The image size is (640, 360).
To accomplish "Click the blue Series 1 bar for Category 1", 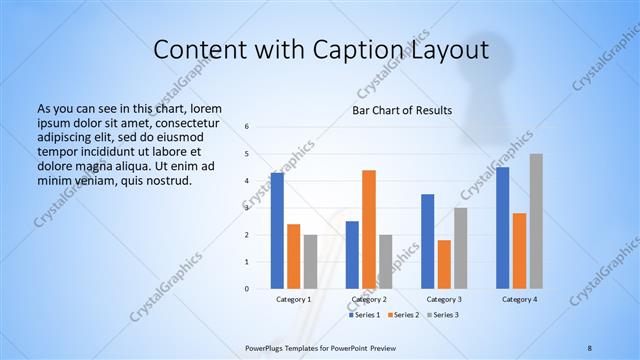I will click(x=277, y=231).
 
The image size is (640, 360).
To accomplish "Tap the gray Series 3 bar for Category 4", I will click(x=536, y=221).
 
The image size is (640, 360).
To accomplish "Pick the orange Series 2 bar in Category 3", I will click(x=444, y=264).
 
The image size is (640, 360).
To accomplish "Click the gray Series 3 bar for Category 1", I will click(x=310, y=262).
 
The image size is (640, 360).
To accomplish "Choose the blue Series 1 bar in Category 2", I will click(x=352, y=255).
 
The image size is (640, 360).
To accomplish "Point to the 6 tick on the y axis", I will click(x=246, y=127).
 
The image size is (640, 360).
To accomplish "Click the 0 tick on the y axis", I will click(x=246, y=289).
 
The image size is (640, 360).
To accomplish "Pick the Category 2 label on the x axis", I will click(x=369, y=299).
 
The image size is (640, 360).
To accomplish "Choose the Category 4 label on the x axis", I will click(x=519, y=299).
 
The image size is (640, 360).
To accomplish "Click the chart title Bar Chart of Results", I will click(x=402, y=109).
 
